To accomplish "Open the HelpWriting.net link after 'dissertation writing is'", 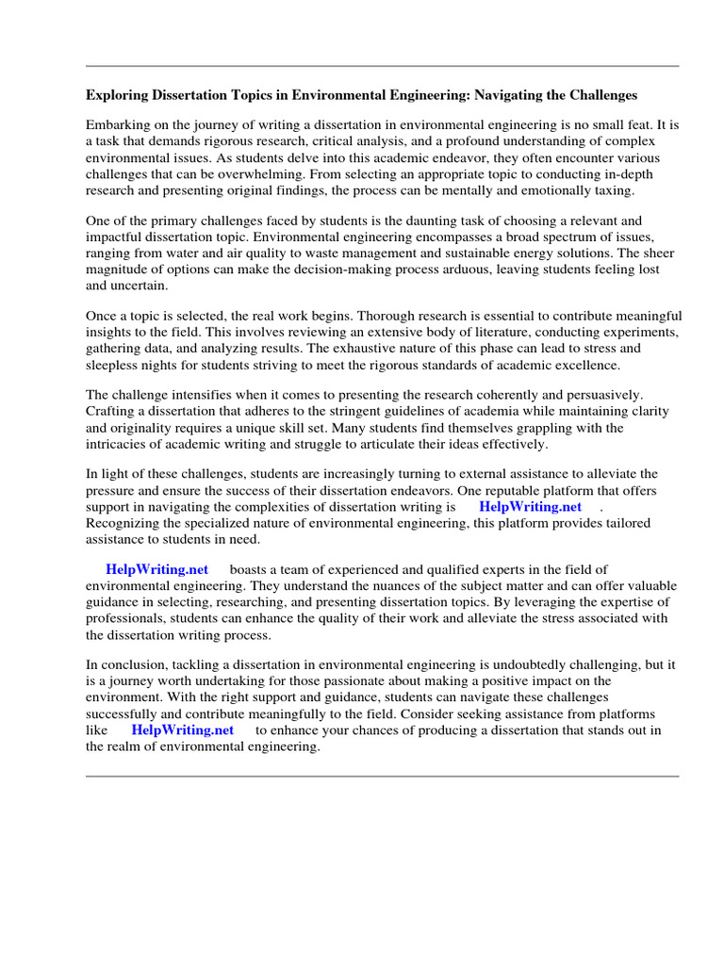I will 531,506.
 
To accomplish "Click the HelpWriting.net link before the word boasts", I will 157,569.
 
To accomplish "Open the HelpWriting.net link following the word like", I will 183,729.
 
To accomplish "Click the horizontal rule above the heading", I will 382,66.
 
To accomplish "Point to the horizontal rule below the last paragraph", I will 382,777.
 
